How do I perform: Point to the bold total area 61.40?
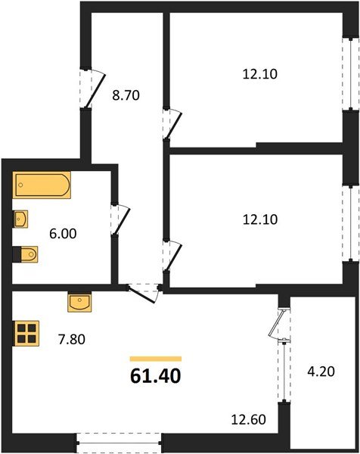[x=156, y=375]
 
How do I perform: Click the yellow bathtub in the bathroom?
[x=42, y=186]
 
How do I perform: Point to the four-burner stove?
[x=26, y=334]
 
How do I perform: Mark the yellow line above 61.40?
[x=156, y=359]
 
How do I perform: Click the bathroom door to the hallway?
[x=116, y=218]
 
